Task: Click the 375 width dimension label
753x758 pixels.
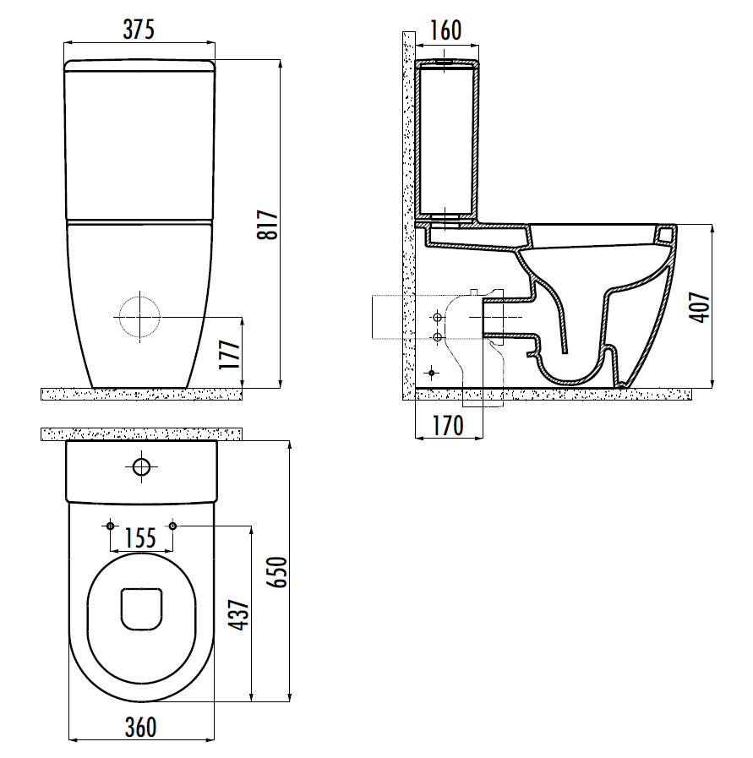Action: [x=139, y=30]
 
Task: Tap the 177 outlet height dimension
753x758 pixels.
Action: [x=230, y=355]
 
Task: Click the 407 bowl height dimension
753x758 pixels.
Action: [x=700, y=307]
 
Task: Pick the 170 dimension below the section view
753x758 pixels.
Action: [x=448, y=426]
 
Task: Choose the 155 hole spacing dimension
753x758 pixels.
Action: [x=140, y=538]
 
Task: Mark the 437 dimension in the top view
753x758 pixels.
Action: [x=240, y=615]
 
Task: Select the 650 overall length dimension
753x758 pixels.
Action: [x=278, y=572]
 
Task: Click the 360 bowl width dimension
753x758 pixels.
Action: [x=140, y=728]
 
